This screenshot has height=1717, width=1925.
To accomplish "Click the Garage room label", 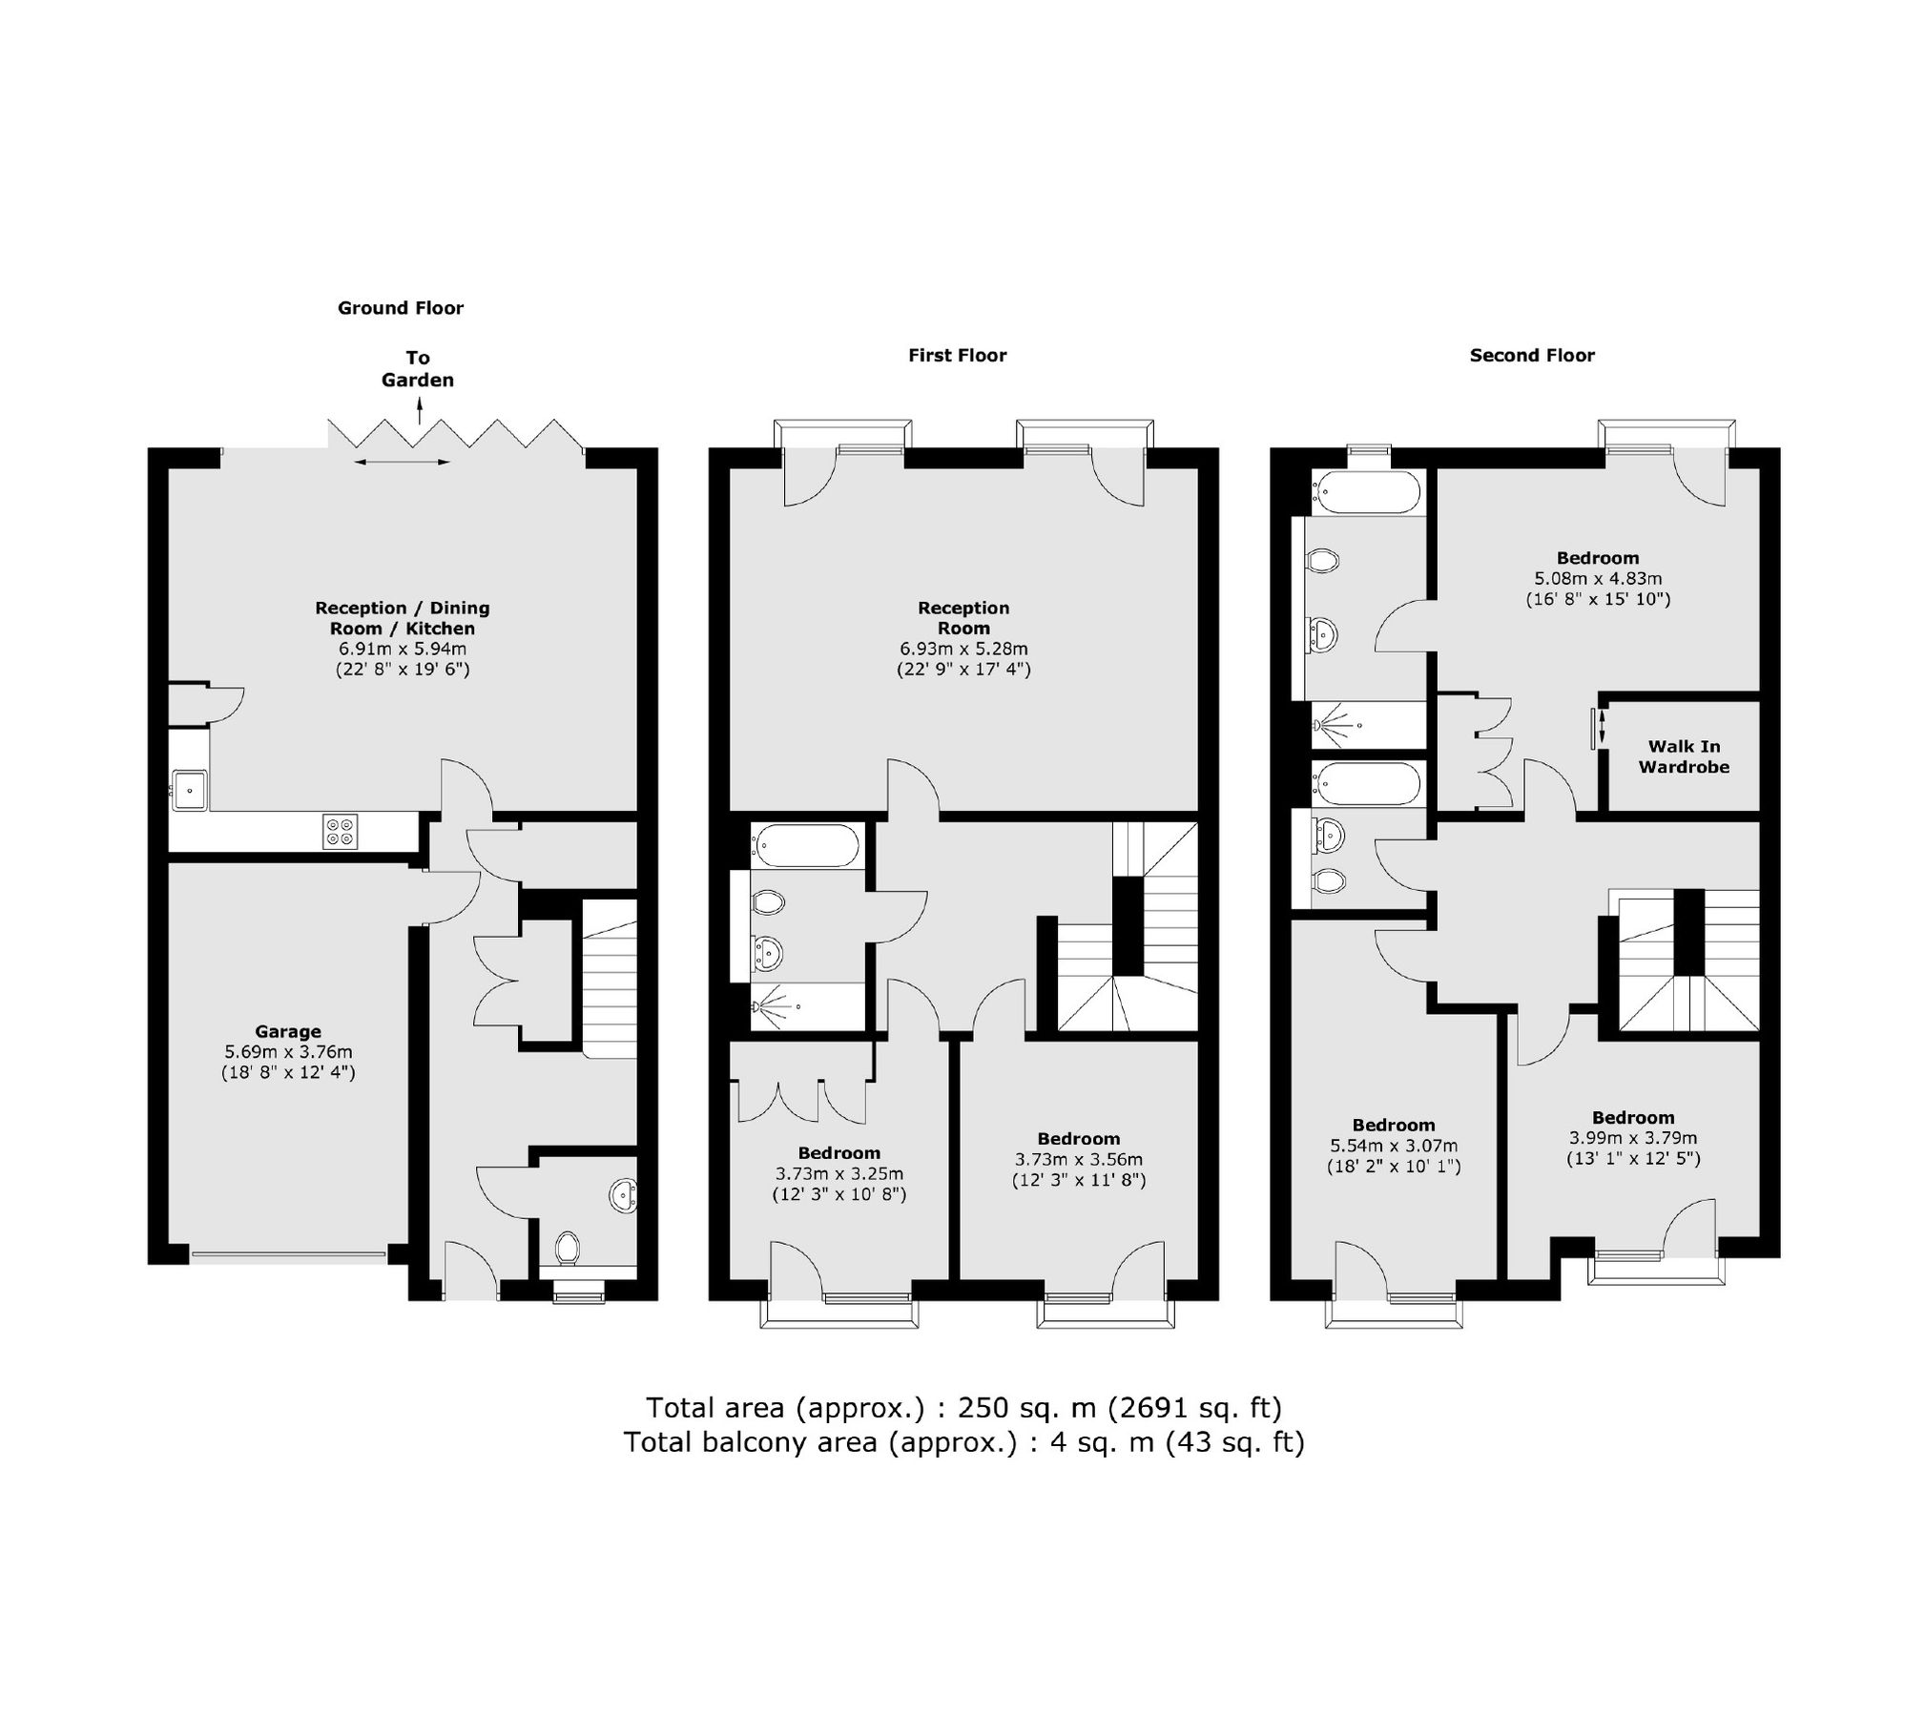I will pos(287,1031).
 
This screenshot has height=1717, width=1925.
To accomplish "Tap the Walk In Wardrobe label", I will pos(1684,756).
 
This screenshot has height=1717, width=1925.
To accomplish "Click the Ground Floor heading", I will pos(401,308).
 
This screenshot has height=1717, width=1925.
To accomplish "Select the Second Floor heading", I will pos(1531,356).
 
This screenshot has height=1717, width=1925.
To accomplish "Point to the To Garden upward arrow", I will pos(420,412).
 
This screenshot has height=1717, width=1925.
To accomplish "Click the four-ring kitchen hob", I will pos(341,831).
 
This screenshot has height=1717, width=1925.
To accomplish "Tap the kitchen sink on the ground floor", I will pos(190,790).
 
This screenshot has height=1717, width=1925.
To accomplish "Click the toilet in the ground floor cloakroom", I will pos(568,1247).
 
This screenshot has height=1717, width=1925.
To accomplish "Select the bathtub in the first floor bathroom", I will pos(805,846).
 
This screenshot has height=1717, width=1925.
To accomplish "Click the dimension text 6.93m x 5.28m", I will pos(963,649).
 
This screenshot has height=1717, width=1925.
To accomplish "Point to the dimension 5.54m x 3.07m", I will pos(1393,1146).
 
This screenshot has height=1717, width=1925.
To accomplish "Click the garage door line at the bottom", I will pos(288,1255).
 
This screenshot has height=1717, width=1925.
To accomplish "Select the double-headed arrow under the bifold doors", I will pos(401,463).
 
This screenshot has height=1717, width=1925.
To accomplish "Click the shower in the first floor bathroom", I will pos(775,1006).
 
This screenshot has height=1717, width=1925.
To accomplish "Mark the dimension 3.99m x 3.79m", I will pos(1632,1138).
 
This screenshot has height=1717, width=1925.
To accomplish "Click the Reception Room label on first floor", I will pos(963,618).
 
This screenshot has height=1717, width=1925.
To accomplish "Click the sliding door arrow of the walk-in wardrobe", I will pos(1601,729).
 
